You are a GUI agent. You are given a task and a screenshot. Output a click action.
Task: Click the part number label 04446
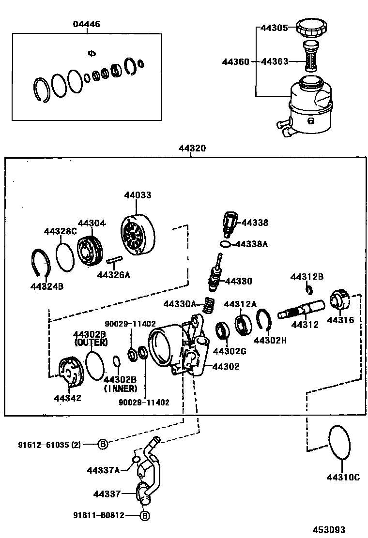87,24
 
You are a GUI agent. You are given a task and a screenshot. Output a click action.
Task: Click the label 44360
236,62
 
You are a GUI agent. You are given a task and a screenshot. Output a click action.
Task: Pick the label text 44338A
251,244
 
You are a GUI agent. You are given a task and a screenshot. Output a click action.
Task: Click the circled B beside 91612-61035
103,444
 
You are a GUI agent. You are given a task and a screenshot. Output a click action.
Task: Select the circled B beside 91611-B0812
144,516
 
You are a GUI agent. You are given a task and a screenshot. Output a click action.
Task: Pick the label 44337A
104,470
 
